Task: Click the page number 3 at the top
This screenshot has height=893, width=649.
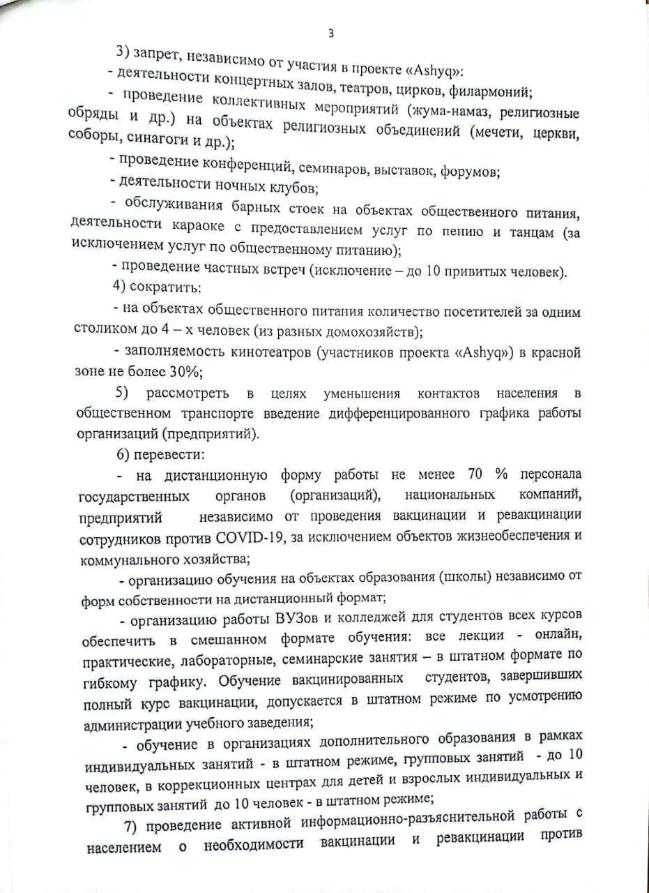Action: (331, 33)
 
